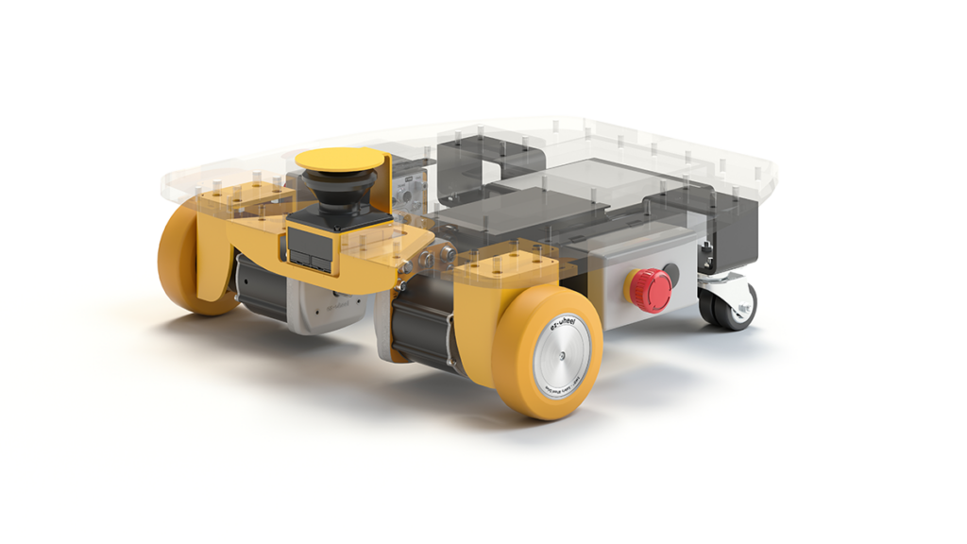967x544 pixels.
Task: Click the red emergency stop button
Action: point(650,290)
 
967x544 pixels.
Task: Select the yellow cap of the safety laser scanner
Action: point(340,160)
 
